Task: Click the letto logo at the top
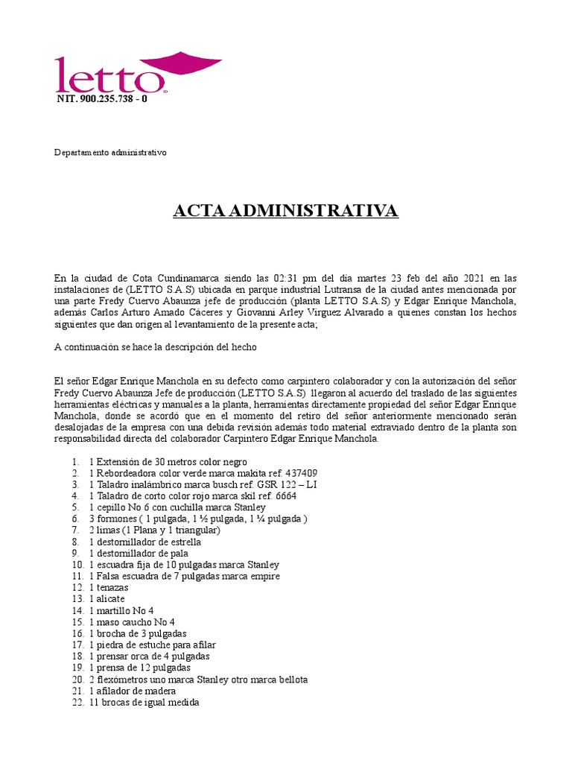point(138,73)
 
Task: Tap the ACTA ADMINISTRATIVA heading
point(286,211)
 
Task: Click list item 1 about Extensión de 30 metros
point(168,462)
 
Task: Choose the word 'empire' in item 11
point(264,576)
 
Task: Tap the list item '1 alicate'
point(107,599)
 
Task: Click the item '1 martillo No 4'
point(121,610)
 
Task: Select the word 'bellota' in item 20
point(291,680)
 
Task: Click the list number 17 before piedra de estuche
point(77,645)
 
